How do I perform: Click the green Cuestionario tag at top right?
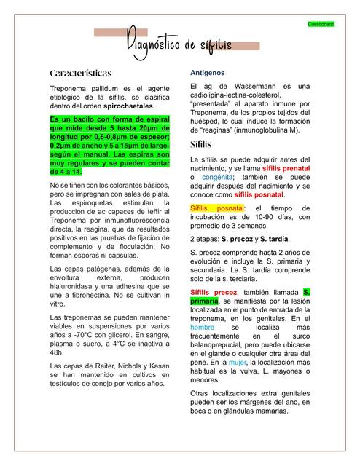(321, 25)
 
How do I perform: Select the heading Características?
(80, 74)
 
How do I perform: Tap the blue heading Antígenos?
(208, 74)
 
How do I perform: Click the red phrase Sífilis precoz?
(214, 292)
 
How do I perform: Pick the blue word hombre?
(203, 328)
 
